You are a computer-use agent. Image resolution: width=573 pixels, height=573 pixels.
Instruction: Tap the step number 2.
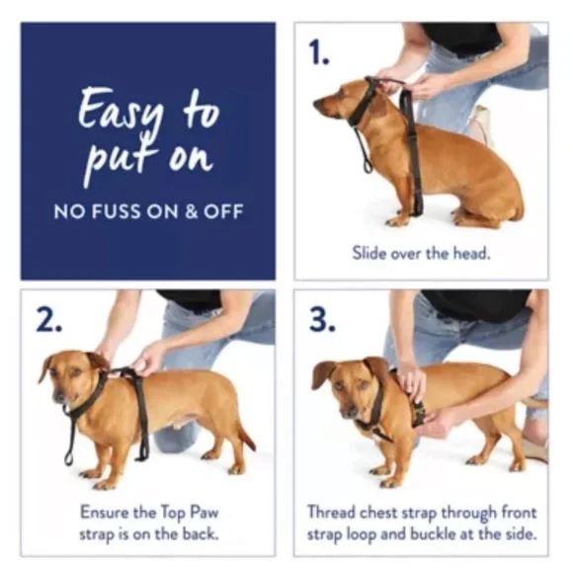click(49, 321)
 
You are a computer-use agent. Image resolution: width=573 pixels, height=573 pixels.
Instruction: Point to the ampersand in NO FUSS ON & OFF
click(201, 210)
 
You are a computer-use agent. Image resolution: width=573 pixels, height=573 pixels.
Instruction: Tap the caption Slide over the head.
click(421, 253)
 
